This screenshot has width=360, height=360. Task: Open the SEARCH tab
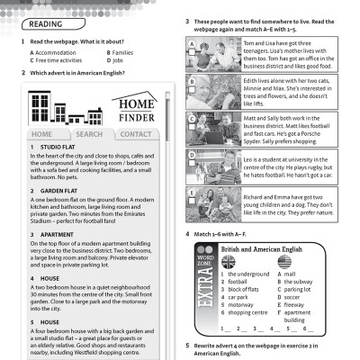point(88,134)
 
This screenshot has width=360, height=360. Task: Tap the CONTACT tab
point(135,134)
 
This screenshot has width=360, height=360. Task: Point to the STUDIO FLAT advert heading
point(55,147)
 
